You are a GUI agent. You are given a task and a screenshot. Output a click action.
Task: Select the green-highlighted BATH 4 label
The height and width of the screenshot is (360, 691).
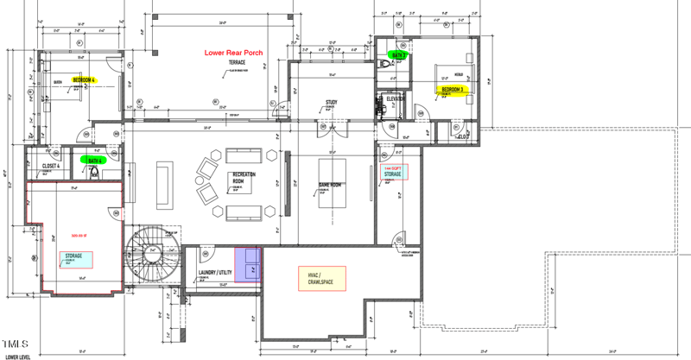click(92, 160)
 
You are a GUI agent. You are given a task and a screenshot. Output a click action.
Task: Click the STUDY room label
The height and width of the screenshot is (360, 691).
click(331, 103)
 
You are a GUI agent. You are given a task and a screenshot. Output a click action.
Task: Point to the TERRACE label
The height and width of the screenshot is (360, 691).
click(237, 63)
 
